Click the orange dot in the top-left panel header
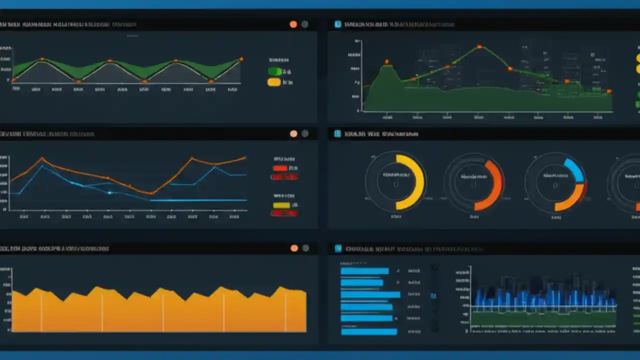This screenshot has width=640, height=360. [293, 24]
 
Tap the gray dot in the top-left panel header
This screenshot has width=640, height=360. [304, 24]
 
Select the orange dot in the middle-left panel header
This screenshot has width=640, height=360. [293, 133]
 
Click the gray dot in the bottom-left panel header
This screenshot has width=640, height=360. [305, 248]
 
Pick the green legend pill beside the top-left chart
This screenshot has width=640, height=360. [274, 71]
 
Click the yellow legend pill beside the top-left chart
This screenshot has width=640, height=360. [274, 82]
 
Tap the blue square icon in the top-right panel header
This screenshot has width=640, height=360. [337, 23]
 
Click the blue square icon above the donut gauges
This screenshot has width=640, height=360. [337, 133]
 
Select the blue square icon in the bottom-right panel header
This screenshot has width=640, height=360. [337, 248]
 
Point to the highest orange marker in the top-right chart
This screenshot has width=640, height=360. [479, 47]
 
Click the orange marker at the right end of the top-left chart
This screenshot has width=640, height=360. [241, 59]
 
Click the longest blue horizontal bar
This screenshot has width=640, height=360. [370, 294]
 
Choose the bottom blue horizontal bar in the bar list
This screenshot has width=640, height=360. [368, 331]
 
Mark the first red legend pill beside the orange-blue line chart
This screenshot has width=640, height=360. [280, 168]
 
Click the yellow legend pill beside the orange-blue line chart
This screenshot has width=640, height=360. [281, 205]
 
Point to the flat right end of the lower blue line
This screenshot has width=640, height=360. [240, 200]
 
